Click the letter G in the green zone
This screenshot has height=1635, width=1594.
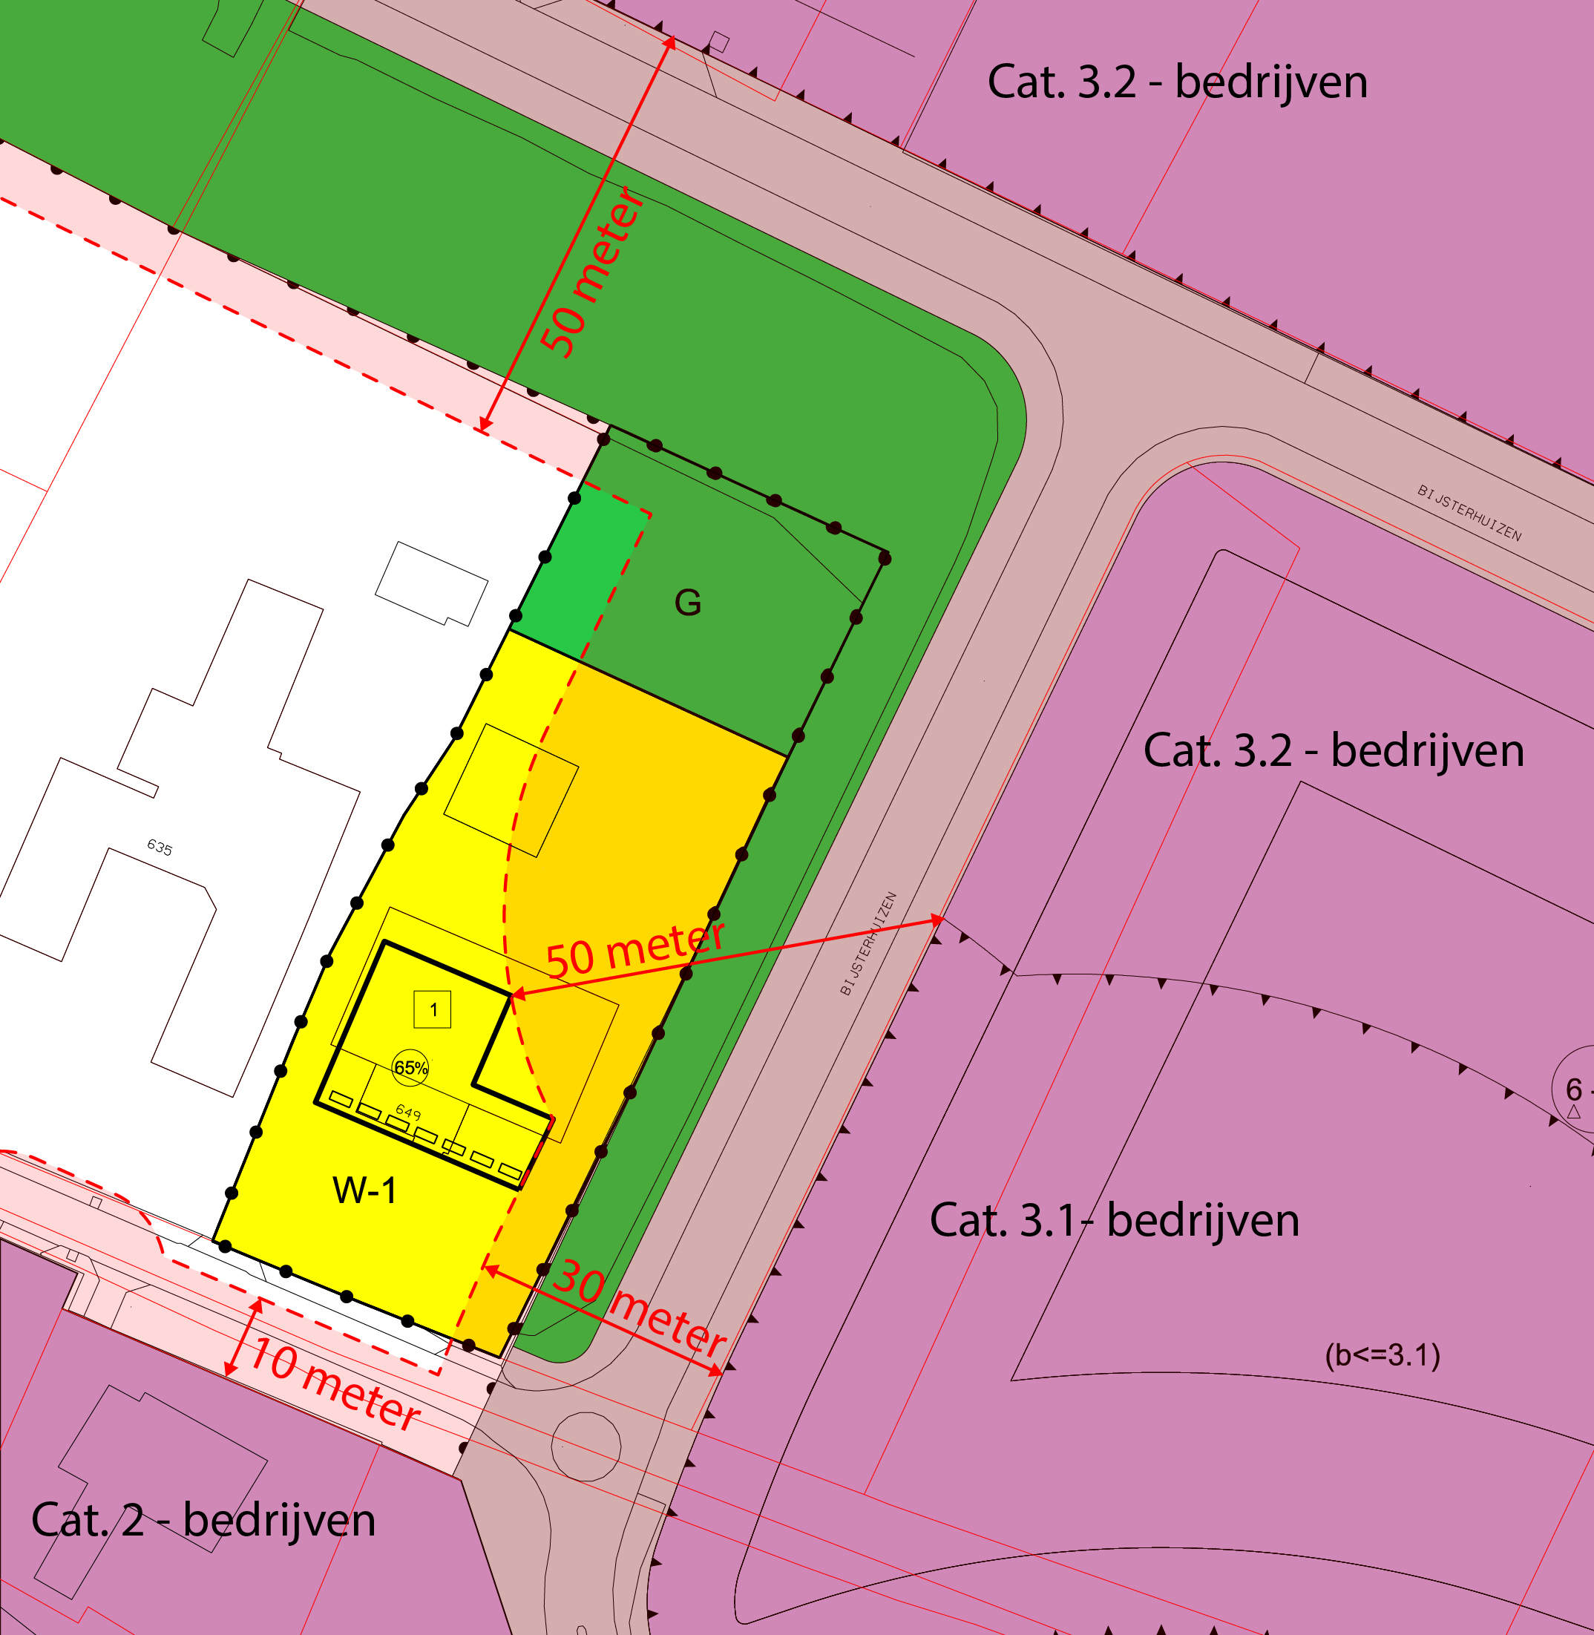coord(687,603)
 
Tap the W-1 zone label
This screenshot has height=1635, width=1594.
coord(364,1190)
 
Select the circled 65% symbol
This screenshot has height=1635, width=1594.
coord(410,1067)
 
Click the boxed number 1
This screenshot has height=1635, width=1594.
coord(433,1009)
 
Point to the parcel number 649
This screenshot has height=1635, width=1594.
coord(407,1112)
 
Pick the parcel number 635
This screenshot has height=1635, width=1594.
coord(159,848)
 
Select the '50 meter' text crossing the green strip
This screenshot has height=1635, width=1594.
coord(592,272)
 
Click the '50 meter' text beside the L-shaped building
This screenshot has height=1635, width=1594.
coord(634,950)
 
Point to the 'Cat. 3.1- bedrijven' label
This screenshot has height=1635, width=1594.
coord(1113,1221)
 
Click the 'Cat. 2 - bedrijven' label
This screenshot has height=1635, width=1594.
coord(203,1520)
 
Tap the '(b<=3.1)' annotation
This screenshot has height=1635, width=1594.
coord(1383,1354)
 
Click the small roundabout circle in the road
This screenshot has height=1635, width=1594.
coord(586,1446)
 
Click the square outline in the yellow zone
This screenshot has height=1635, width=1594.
coord(511,790)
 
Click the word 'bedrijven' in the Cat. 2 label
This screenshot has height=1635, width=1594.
coord(280,1520)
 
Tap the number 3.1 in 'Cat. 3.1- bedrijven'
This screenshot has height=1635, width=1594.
coord(1047,1221)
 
